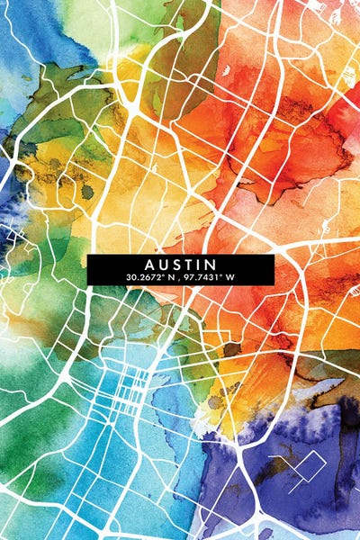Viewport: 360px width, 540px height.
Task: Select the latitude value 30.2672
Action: pyautogui.click(x=145, y=277)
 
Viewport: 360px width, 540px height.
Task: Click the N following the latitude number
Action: pyautogui.click(x=171, y=277)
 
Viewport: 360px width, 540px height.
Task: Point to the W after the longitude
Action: pyautogui.click(x=230, y=277)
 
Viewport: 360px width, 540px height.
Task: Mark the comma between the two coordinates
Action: pyautogui.click(x=179, y=279)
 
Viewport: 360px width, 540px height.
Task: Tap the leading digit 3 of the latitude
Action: pyautogui.click(x=130, y=277)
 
